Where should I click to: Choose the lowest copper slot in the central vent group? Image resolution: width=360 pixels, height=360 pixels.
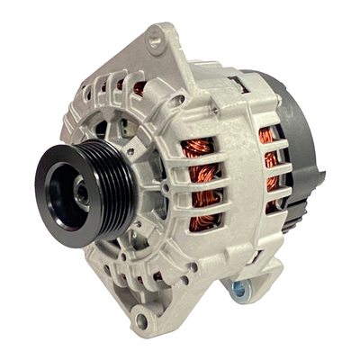tap(207, 222)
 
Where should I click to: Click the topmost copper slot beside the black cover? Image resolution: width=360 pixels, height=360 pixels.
tap(267, 136)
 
